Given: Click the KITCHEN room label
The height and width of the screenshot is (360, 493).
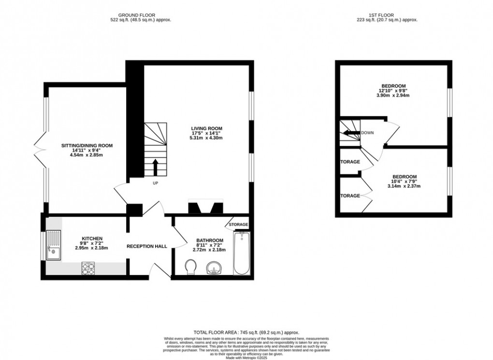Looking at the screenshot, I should pos(91,239).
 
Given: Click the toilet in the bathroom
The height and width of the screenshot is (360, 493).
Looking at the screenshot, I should pos(191,266).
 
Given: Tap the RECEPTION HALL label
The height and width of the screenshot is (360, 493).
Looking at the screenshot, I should pos(147,246).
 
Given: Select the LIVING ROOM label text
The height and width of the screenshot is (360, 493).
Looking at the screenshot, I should pos(206,128).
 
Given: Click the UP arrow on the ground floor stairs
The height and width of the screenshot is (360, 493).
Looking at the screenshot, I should pos(155,167).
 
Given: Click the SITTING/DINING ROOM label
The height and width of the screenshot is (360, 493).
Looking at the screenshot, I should pos(87,145).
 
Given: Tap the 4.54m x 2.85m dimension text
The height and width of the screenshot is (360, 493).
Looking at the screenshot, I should pos(87,155).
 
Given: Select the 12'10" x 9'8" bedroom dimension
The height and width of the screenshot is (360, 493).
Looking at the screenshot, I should pos(392,90).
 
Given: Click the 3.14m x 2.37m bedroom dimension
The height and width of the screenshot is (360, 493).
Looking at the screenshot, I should pos(405,186).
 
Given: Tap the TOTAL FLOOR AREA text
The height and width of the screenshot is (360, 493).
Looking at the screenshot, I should pos(246,332).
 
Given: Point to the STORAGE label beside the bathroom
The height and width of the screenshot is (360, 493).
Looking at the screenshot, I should pos(239,225).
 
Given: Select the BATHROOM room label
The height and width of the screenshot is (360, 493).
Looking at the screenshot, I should pos(210,241).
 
